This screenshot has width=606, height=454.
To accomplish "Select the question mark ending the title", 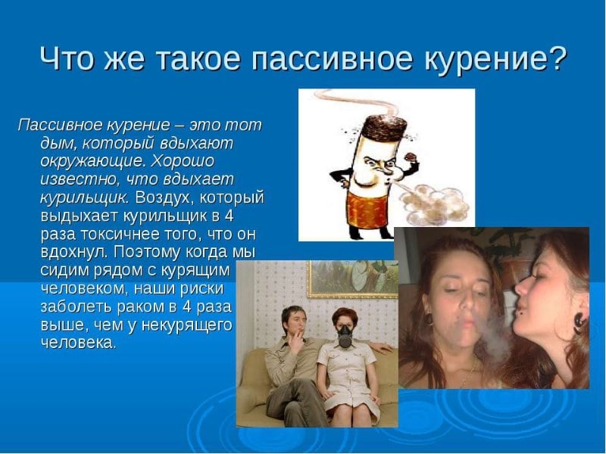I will pyautogui.click(x=557, y=58).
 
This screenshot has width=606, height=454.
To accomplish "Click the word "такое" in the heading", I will pyautogui.click(x=202, y=58).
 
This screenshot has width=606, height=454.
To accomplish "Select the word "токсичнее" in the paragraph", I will pyautogui.click(x=114, y=233).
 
